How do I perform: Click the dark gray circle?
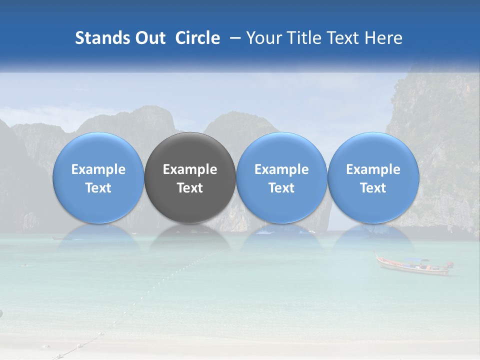[x=190, y=177]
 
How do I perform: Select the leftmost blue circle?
[x=98, y=177]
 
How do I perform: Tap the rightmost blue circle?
[x=373, y=177]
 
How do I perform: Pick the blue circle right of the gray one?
[x=281, y=177]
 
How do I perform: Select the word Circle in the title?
[x=197, y=38]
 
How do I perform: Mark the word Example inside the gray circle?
[x=190, y=169]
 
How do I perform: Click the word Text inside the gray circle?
[x=190, y=187]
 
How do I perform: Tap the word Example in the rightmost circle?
[x=373, y=169]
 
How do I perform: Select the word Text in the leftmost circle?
[x=98, y=187]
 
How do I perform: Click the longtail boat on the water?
[x=412, y=266]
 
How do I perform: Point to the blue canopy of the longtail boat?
[x=416, y=260]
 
